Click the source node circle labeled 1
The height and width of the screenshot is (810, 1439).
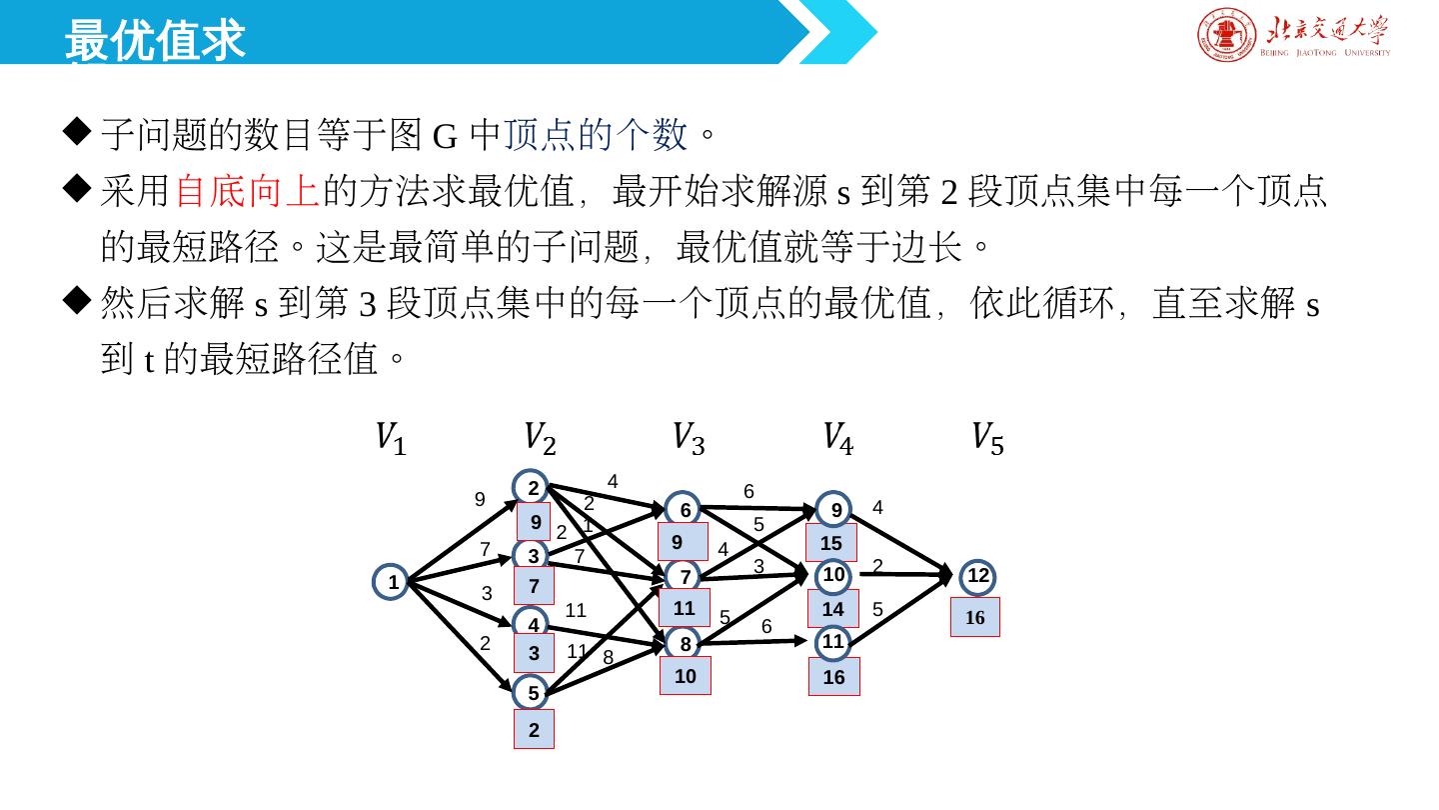pyautogui.click(x=393, y=582)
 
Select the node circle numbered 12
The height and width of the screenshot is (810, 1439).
pyautogui.click(x=977, y=576)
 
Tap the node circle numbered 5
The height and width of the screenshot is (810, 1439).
pyautogui.click(x=533, y=692)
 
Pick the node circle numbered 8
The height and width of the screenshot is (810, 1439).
pyautogui.click(x=685, y=644)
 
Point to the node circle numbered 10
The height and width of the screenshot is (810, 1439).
pyautogui.click(x=833, y=575)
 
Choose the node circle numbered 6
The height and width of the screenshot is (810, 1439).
pyautogui.click(x=685, y=510)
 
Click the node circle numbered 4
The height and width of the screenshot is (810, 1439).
pyautogui.click(x=534, y=625)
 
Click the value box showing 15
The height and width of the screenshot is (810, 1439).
pyautogui.click(x=831, y=543)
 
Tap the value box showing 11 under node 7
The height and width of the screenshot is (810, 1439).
pyautogui.click(x=685, y=607)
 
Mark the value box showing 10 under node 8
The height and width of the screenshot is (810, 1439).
pyautogui.click(x=686, y=676)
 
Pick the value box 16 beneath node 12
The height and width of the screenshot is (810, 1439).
pyautogui.click(x=975, y=618)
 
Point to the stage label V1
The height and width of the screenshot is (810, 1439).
pyautogui.click(x=390, y=439)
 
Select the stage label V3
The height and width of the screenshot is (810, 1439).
pyautogui.click(x=689, y=439)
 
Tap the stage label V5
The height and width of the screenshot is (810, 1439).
pyautogui.click(x=987, y=439)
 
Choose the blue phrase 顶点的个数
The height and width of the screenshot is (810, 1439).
pyautogui.click(x=596, y=133)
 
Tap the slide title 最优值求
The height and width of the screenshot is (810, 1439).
pyautogui.click(x=155, y=40)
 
